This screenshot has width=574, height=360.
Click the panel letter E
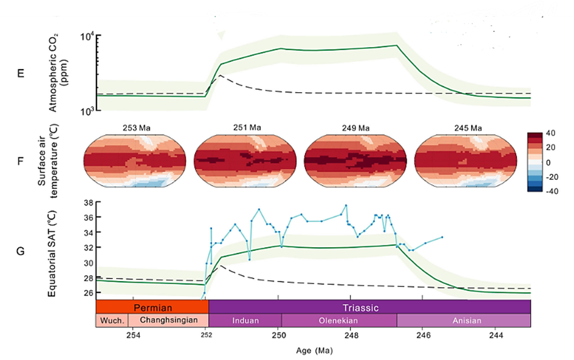click(x=21, y=73)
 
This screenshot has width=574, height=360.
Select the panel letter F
click(x=21, y=161)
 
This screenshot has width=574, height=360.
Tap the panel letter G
click(x=21, y=251)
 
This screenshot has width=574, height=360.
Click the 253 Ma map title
click(x=135, y=128)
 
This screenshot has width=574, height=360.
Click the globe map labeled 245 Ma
click(x=466, y=161)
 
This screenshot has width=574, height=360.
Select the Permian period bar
click(x=152, y=307)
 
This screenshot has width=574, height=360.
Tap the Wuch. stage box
click(x=112, y=320)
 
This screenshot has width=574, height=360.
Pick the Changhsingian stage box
click(x=168, y=320)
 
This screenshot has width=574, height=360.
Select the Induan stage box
click(x=245, y=320)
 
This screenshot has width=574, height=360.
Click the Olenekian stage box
click(x=339, y=320)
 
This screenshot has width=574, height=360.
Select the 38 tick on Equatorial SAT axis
click(x=88, y=203)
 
